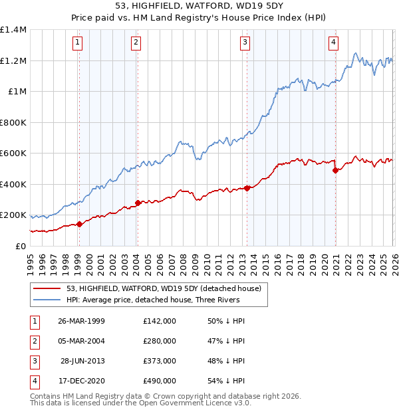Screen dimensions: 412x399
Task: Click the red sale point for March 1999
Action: (x=79, y=224)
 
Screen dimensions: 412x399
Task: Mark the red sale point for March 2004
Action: (x=138, y=203)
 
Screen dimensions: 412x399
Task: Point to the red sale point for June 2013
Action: (x=247, y=188)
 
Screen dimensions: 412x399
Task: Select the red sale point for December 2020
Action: (x=335, y=170)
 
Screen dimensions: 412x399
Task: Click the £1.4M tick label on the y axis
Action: (x=13, y=30)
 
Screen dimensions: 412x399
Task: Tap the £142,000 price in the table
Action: (x=160, y=321)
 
